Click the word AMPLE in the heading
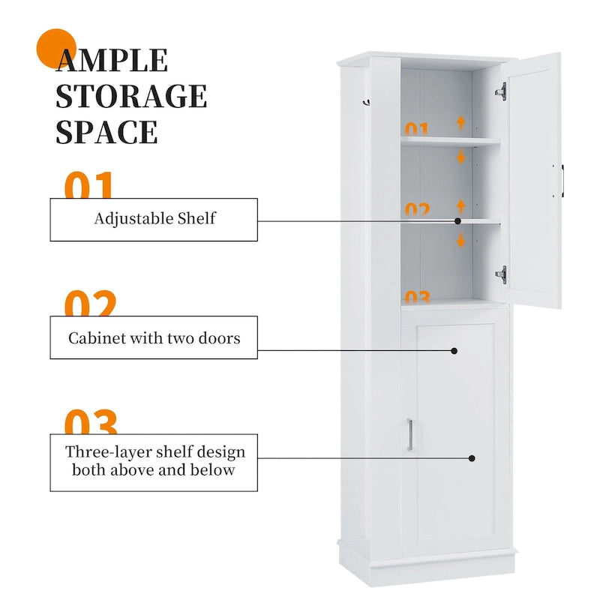coord(112,61)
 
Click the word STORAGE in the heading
coord(131,96)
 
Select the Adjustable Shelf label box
coord(154,219)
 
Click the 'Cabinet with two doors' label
coord(154,337)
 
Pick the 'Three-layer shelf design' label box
coord(154,461)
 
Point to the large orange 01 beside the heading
coord(90,186)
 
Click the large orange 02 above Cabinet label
coord(90,304)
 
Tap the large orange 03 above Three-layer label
coord(90,422)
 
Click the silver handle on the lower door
coord(409,436)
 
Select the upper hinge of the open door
coord(501,91)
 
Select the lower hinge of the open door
coord(501,274)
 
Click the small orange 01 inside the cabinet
coord(417,129)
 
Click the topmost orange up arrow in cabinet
coord(461,123)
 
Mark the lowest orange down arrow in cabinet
coord(461,241)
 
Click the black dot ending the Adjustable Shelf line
coord(458,221)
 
